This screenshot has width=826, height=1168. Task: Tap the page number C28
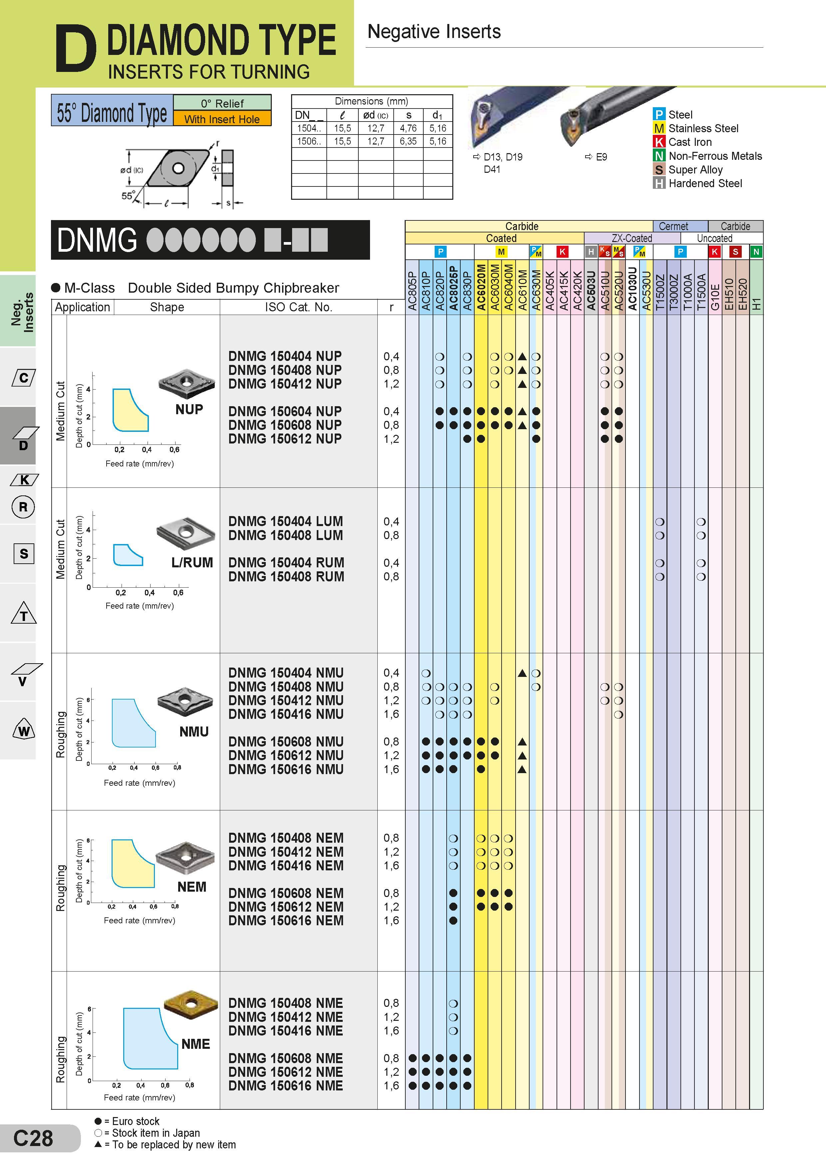click(x=33, y=1138)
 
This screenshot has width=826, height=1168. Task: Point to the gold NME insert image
click(x=191, y=1005)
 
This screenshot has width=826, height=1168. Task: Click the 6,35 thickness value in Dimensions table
click(x=408, y=141)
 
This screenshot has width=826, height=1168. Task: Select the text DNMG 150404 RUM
click(x=286, y=563)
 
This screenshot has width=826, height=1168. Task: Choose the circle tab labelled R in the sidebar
click(x=23, y=507)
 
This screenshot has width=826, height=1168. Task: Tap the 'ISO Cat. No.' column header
click(x=298, y=307)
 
